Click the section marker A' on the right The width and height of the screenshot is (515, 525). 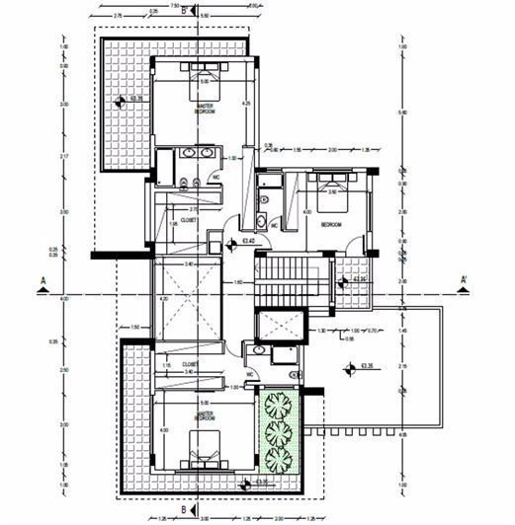(x=463, y=280)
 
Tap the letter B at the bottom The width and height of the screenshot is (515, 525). (x=184, y=509)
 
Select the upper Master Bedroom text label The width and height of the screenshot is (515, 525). (x=206, y=109)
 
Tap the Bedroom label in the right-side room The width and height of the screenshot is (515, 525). (x=331, y=225)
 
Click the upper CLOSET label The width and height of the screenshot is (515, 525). (x=190, y=221)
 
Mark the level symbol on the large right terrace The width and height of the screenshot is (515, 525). (x=350, y=368)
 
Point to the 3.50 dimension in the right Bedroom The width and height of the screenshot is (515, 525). (x=333, y=192)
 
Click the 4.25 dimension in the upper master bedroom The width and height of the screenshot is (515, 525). (x=246, y=104)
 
